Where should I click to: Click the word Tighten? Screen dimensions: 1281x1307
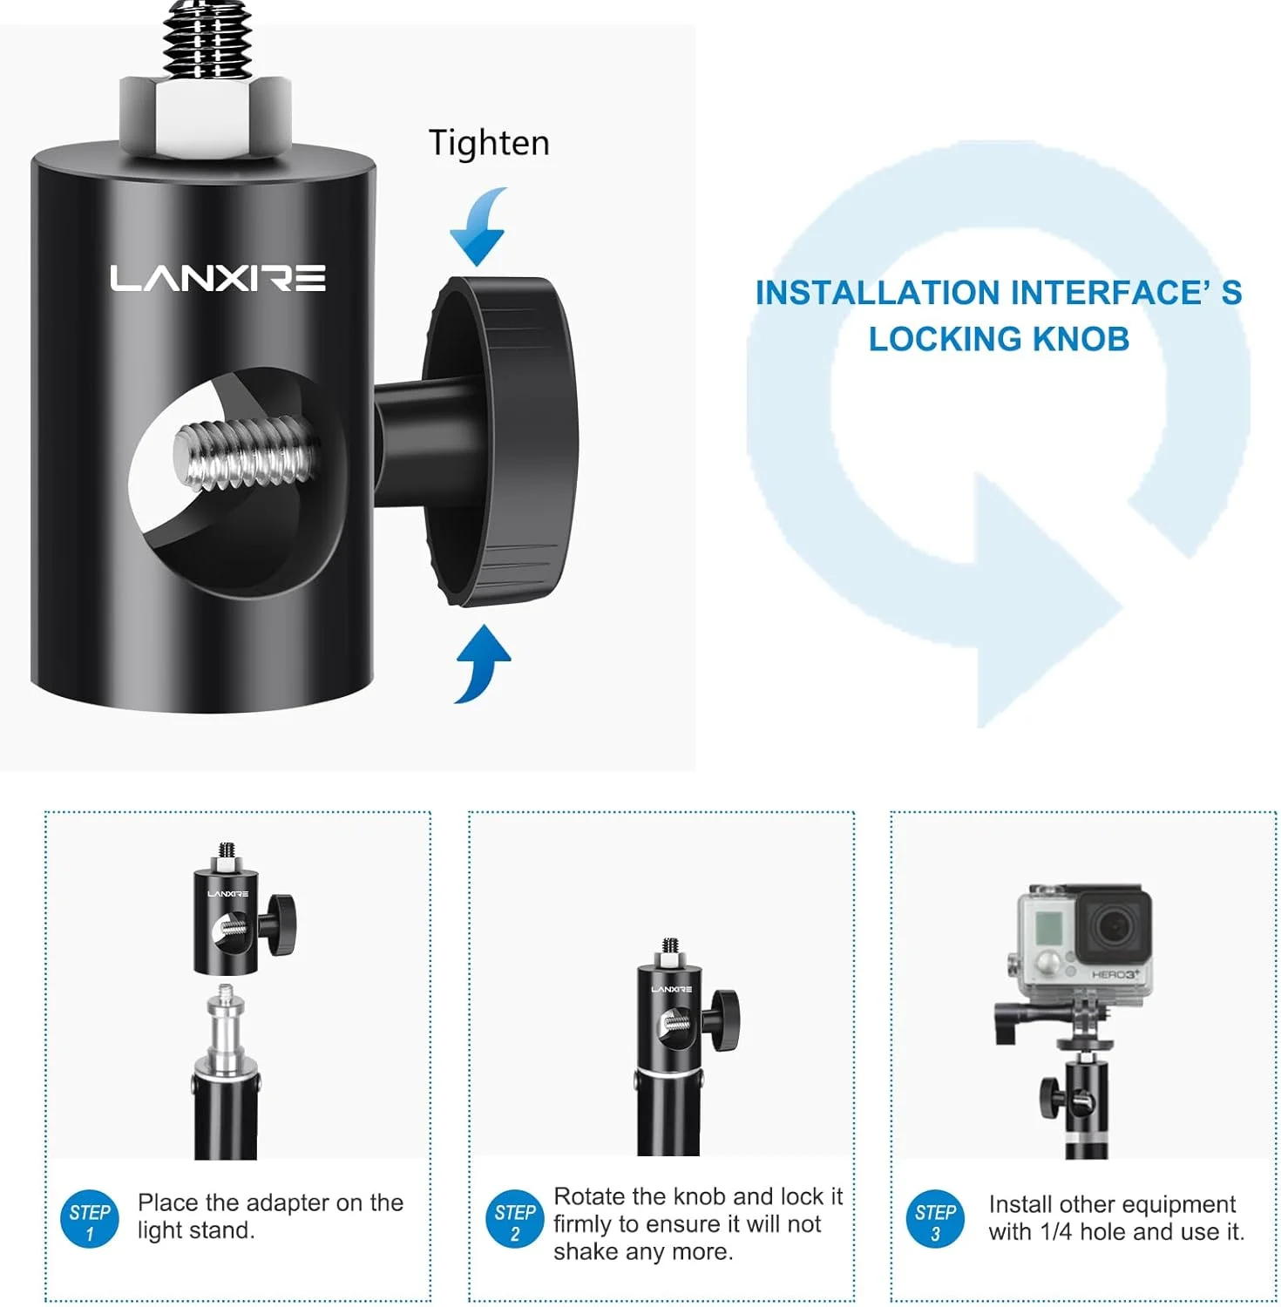(x=489, y=143)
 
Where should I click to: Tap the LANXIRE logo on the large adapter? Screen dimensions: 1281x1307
(x=218, y=278)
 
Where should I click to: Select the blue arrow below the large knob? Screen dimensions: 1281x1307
(x=482, y=663)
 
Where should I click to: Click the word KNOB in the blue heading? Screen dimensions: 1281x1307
(x=1080, y=338)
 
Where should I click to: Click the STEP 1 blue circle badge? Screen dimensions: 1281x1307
(x=89, y=1219)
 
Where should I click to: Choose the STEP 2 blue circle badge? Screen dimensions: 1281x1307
(x=514, y=1219)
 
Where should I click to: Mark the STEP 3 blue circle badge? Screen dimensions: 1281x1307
(x=935, y=1219)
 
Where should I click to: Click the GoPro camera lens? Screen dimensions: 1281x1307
(x=1114, y=925)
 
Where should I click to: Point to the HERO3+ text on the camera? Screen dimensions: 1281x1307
(x=1115, y=974)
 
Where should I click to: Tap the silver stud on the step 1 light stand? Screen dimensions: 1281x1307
(x=226, y=1028)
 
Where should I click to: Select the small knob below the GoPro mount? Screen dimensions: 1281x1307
(x=1050, y=1098)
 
